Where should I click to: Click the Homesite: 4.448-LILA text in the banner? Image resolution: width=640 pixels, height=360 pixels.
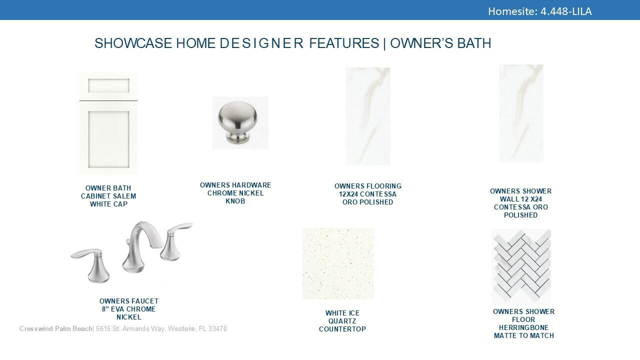(x=539, y=11)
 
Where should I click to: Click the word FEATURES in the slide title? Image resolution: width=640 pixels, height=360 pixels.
(x=344, y=43)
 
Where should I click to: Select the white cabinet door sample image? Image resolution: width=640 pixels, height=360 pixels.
(x=108, y=123)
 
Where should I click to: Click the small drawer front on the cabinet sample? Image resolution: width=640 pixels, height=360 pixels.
(x=108, y=85)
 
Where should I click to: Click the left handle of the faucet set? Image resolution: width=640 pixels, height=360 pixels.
(x=91, y=265)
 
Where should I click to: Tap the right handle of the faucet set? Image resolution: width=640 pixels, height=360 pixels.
(x=175, y=240)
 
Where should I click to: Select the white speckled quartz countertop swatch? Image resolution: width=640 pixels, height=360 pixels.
(x=338, y=263)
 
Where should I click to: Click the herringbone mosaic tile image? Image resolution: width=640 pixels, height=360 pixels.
(x=521, y=266)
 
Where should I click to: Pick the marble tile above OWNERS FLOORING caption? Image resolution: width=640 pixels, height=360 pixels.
(x=368, y=116)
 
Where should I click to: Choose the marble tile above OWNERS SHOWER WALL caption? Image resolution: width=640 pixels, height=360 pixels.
(x=521, y=113)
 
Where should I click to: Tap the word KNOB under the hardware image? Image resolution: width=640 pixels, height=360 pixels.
(x=235, y=201)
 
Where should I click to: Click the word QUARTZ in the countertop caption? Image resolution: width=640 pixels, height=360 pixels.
(x=342, y=321)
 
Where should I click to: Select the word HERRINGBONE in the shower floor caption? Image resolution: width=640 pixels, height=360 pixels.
(x=523, y=327)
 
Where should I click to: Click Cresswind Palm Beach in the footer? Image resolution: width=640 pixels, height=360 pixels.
(x=55, y=329)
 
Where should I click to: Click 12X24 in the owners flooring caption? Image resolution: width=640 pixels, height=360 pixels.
(x=348, y=194)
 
